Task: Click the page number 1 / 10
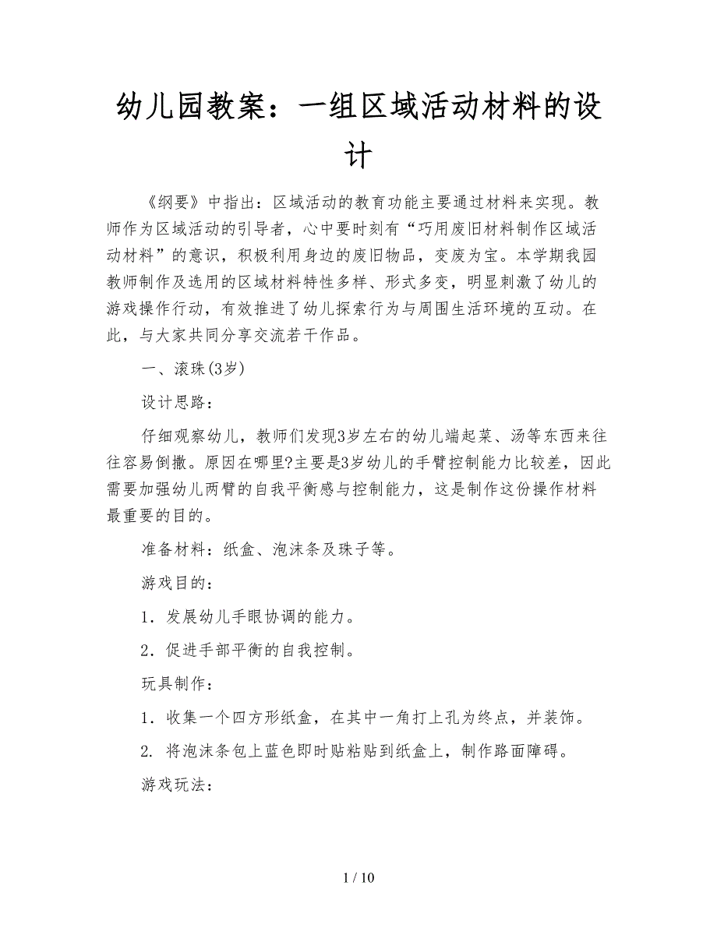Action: tap(358, 878)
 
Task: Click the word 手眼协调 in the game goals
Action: tap(264, 618)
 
